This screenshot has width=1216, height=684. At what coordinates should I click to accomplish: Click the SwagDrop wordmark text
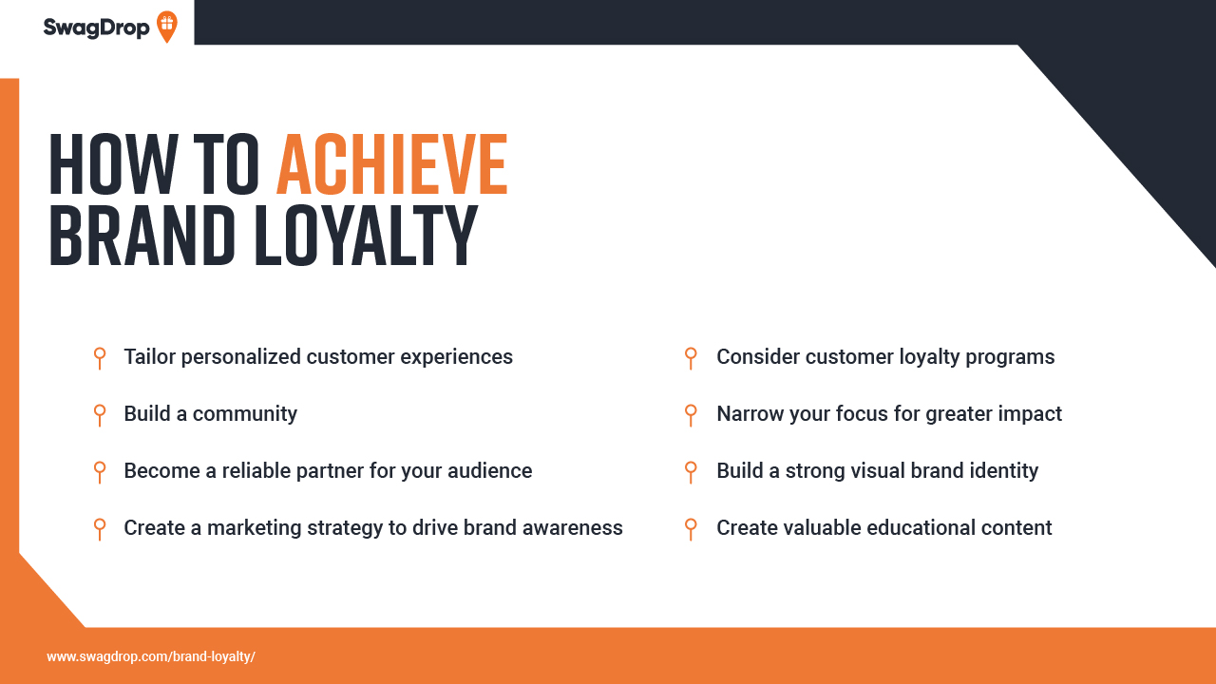coord(96,28)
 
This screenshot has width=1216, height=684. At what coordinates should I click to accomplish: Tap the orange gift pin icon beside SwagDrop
coord(166,26)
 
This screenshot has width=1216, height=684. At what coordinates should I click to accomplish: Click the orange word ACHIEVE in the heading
coord(392,164)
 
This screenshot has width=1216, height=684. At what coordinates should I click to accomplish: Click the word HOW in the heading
coord(113,164)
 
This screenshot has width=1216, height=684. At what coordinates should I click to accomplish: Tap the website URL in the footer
coord(151,656)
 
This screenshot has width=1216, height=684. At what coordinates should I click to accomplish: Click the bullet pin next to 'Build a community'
coord(100,415)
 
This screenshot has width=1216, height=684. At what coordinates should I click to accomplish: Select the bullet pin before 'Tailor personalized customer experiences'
coord(100,358)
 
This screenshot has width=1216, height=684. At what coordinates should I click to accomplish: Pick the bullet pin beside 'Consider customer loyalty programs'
coord(691,358)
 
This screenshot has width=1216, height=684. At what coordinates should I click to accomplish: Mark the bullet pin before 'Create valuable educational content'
coord(691,529)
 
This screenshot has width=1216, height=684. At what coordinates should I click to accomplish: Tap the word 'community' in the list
coord(245,414)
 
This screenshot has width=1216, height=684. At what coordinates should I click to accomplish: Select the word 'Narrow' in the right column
coord(750,413)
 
